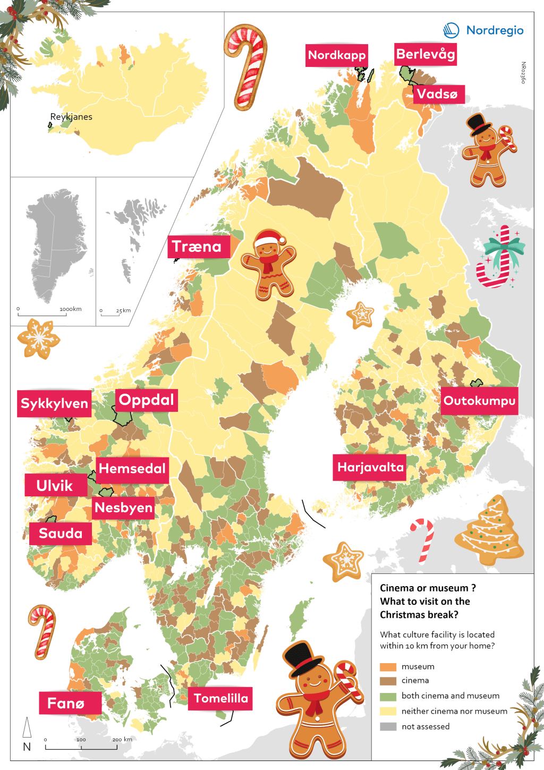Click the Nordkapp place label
click(336, 55)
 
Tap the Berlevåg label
click(425, 54)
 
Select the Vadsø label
click(437, 95)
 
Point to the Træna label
click(197, 247)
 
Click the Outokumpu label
click(479, 401)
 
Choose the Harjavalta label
click(370, 468)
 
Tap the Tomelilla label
click(220, 698)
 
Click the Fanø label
click(66, 704)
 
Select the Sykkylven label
click(54, 403)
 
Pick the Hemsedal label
click(132, 469)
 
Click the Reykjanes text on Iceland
click(71, 117)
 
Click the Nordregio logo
click(483, 30)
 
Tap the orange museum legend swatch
click(388, 667)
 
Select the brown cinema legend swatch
click(388, 681)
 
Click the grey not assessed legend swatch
click(388, 726)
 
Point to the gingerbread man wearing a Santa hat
click(269, 263)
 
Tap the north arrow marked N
click(27, 734)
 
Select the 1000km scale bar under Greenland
click(42, 314)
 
